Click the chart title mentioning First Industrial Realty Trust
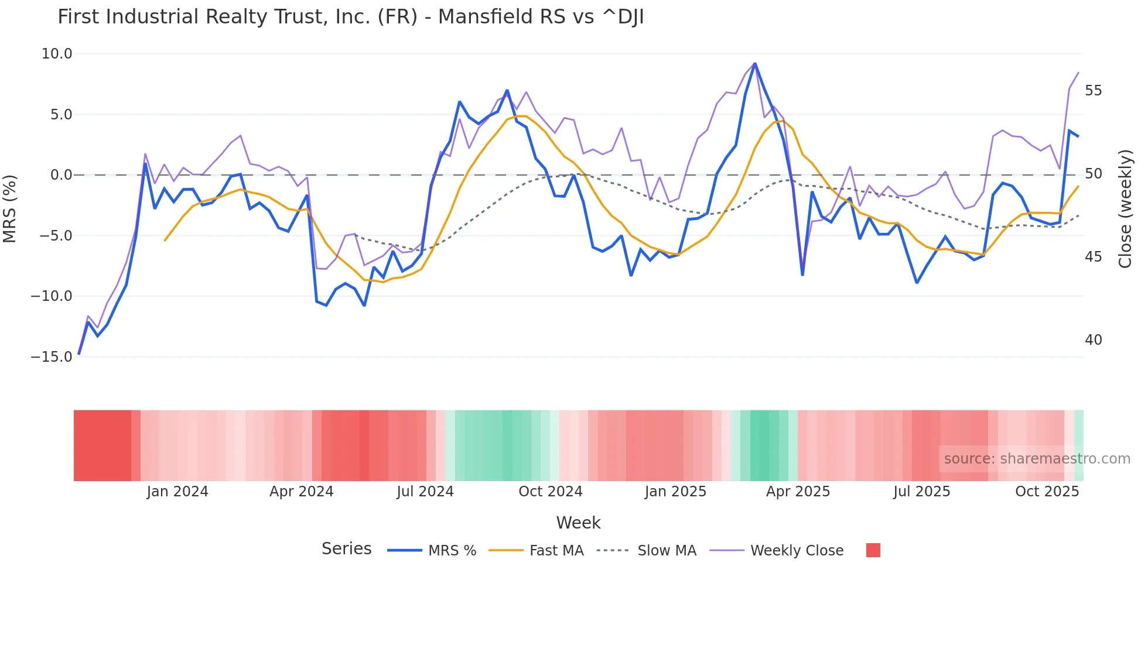click(350, 17)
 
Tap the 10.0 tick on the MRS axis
click(57, 54)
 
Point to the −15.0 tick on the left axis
click(52, 356)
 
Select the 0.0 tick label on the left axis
click(61, 175)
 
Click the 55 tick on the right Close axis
click(1093, 91)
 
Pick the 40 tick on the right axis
click(1093, 340)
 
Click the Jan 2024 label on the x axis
click(177, 492)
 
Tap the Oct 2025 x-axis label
click(1047, 492)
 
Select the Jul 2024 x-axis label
click(425, 492)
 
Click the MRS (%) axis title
click(10, 208)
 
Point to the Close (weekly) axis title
click(1125, 208)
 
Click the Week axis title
click(578, 523)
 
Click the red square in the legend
click(873, 550)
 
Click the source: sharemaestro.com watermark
click(1037, 459)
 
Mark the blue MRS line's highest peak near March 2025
click(755, 63)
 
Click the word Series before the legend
click(346, 549)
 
